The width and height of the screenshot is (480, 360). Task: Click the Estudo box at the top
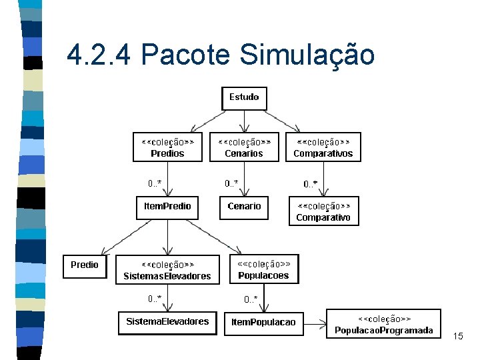point(244,98)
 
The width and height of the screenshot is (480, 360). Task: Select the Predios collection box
point(167,147)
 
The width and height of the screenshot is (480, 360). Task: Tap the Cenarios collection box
point(244,147)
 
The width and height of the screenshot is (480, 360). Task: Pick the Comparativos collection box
point(323,147)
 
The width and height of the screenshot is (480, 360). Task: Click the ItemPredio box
point(167,207)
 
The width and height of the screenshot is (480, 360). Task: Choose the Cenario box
point(244,207)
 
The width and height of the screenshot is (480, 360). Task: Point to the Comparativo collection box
point(323,211)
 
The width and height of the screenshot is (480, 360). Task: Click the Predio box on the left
point(85,265)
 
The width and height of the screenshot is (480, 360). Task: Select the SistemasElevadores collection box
point(167,270)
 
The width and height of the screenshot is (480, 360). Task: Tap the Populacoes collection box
point(263,269)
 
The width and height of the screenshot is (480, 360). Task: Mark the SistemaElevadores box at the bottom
point(167,322)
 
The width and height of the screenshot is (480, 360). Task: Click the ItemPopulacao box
point(263,323)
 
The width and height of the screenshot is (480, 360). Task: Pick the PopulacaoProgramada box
point(383,324)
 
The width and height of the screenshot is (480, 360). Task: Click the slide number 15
point(457,337)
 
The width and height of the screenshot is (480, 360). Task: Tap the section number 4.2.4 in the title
point(99,55)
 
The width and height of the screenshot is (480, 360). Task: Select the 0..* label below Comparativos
point(311,183)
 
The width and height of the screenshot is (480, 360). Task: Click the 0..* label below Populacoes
point(251,299)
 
